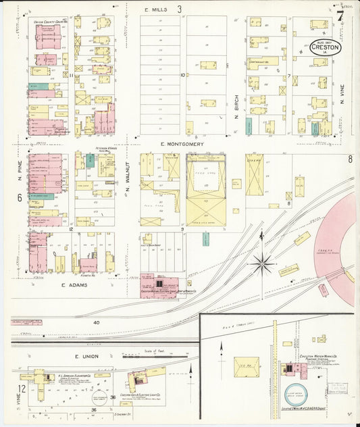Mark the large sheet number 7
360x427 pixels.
click(x=340, y=15)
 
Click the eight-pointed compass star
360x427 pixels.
click(x=262, y=262)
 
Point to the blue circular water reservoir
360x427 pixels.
click(x=294, y=395)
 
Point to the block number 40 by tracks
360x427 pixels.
click(x=97, y=323)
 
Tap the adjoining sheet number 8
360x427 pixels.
click(x=351, y=159)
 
